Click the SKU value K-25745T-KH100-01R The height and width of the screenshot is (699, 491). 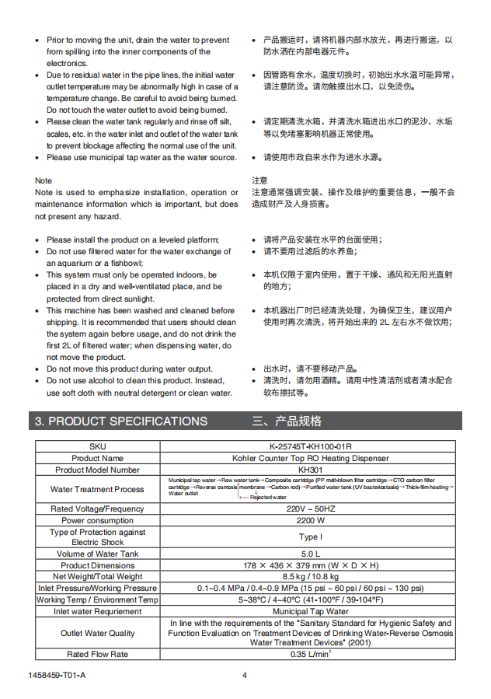pyautogui.click(x=309, y=446)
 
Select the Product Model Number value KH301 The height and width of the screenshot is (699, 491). pyautogui.click(x=309, y=470)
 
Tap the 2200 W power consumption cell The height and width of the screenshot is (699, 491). pyautogui.click(x=309, y=520)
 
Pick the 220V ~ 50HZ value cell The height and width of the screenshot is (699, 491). pyautogui.click(x=309, y=509)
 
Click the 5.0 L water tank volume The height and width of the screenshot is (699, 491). pyautogui.click(x=309, y=554)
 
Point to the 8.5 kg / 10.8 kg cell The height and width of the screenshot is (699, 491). pyautogui.click(x=309, y=577)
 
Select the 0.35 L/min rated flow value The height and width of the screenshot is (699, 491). pyautogui.click(x=309, y=654)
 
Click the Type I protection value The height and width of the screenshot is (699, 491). pyautogui.click(x=309, y=536)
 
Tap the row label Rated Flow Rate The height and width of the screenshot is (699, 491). pyautogui.click(x=97, y=654)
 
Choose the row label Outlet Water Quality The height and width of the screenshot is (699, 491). pyautogui.click(x=97, y=633)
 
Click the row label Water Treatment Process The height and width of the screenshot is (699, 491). pyautogui.click(x=97, y=489)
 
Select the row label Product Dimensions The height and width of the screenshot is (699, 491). pyautogui.click(x=97, y=565)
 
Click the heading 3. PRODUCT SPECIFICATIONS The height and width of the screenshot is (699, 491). pyautogui.click(x=120, y=421)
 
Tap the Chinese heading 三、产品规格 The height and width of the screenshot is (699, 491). pyautogui.click(x=287, y=421)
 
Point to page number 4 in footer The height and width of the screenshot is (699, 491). pyautogui.click(x=244, y=675)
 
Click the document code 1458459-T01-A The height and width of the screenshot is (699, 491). pyautogui.click(x=61, y=675)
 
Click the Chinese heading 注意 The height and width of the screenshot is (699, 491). pyautogui.click(x=259, y=180)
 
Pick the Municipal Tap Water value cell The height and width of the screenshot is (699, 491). pyautogui.click(x=309, y=611)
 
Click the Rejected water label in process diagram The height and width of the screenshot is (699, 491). pyautogui.click(x=267, y=497)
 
